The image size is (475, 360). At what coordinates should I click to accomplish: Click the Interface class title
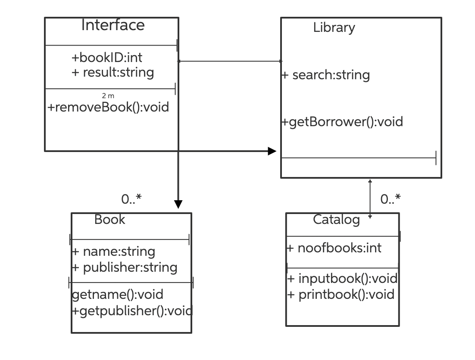pyautogui.click(x=113, y=25)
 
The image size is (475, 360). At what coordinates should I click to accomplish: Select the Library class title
pyautogui.click(x=334, y=28)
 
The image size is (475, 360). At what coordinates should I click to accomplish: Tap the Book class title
pyautogui.click(x=109, y=220)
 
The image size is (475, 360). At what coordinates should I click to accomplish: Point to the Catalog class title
pyautogui.click(x=336, y=220)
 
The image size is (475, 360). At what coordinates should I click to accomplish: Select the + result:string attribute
pyautogui.click(x=112, y=72)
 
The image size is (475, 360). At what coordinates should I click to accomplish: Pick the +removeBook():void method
pyautogui.click(x=108, y=107)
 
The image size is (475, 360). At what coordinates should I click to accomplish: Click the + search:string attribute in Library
pyautogui.click(x=326, y=75)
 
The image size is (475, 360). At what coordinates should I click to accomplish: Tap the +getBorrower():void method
pyautogui.click(x=342, y=122)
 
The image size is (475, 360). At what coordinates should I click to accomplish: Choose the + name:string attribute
pyautogui.click(x=113, y=251)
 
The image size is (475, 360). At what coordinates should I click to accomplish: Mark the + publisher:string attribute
pyautogui.click(x=125, y=267)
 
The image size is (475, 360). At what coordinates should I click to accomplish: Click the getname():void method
pyautogui.click(x=117, y=295)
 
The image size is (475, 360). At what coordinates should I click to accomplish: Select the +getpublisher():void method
pyautogui.click(x=132, y=310)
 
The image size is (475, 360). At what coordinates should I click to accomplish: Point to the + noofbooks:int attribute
pyautogui.click(x=334, y=248)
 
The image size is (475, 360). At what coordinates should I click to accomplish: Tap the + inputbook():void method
pyautogui.click(x=342, y=279)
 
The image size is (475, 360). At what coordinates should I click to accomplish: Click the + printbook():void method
pyautogui.click(x=341, y=295)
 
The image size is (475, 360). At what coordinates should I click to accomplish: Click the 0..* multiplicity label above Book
pyautogui.click(x=131, y=199)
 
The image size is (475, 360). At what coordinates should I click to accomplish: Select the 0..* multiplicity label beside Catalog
pyautogui.click(x=391, y=199)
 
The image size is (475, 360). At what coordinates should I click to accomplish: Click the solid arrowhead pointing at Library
pyautogui.click(x=272, y=151)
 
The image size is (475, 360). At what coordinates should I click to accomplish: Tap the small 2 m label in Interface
pyautogui.click(x=108, y=96)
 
